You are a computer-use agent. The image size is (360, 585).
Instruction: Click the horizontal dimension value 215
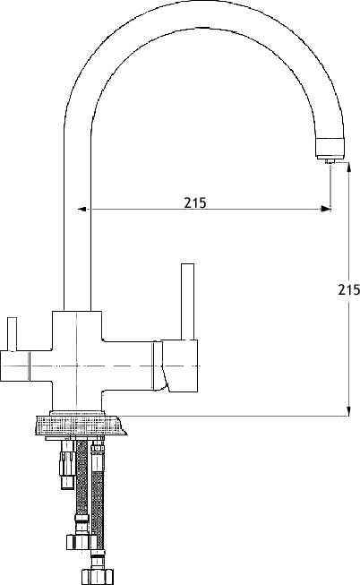coord(194,202)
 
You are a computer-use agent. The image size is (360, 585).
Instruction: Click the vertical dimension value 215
coord(349,289)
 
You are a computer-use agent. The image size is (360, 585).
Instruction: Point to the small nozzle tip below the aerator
coord(330,160)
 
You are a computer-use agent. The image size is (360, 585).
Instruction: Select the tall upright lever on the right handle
coord(187,302)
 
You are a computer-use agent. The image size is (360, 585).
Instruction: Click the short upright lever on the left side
coord(13,334)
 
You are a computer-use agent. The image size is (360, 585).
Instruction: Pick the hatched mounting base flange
coord(80,425)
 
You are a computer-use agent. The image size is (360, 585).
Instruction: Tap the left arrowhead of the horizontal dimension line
coord(82,209)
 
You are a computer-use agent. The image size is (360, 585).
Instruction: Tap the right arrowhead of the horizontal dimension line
coord(326,209)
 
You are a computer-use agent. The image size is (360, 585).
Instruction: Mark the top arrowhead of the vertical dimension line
coord(349,167)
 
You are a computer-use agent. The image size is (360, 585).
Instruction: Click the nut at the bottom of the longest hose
coord(98,574)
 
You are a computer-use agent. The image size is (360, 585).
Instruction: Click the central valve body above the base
coord(77,360)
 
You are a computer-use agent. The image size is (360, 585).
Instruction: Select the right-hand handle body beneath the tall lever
coord(178,366)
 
